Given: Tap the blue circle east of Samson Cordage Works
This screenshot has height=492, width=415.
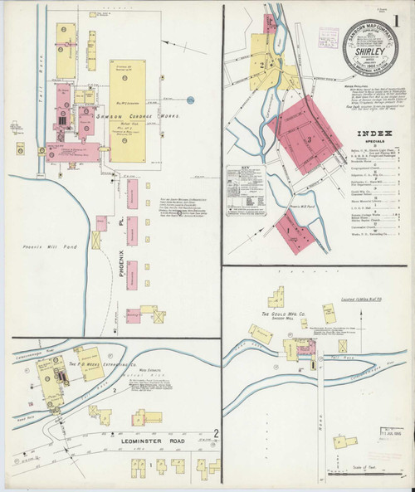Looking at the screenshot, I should [190, 100].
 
